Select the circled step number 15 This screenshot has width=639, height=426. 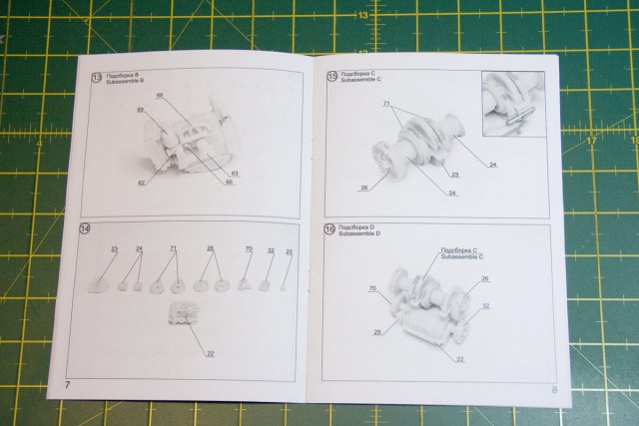click(331, 78)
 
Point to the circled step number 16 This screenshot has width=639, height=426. click(331, 230)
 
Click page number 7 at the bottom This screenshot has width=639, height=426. click(67, 384)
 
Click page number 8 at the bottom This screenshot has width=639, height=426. click(553, 390)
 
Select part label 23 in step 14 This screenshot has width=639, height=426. click(114, 248)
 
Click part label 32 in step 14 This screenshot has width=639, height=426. click(271, 250)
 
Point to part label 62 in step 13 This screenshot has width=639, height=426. click(141, 183)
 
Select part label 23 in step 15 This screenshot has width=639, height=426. click(455, 175)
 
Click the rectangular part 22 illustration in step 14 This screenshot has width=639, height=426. click(184, 313)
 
